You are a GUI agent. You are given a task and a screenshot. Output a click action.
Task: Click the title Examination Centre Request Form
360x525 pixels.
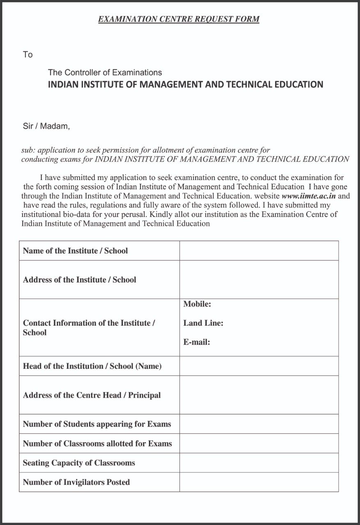[179, 19]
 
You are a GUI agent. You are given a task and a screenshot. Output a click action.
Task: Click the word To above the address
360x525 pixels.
[28, 55]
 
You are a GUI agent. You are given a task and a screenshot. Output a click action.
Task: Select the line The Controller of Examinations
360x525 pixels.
[105, 73]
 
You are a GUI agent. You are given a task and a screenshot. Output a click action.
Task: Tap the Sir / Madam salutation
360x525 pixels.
[46, 126]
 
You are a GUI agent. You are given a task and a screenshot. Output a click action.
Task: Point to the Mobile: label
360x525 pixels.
[197, 304]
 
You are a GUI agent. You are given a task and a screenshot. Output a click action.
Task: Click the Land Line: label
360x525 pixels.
[203, 323]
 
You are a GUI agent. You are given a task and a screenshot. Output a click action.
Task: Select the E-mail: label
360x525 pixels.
[197, 342]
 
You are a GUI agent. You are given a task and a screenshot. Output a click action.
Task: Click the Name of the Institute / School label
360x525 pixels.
[75, 251]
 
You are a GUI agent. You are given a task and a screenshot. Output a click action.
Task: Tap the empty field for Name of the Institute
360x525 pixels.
[259, 251]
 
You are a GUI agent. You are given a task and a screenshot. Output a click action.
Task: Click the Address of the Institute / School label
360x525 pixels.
[79, 280]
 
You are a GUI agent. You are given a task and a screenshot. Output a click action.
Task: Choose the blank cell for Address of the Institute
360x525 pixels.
[259, 280]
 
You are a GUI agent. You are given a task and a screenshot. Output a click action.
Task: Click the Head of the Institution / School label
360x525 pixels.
[92, 366]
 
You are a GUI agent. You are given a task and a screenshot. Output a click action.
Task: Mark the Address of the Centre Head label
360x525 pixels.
[92, 395]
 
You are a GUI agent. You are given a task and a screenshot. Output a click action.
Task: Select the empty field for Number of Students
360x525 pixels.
[259, 424]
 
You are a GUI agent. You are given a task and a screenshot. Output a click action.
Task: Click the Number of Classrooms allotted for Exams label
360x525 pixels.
[97, 443]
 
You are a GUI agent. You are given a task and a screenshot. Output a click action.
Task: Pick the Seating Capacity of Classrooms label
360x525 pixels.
[79, 463]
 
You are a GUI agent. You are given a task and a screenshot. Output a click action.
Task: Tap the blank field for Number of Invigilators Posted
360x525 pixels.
[259, 482]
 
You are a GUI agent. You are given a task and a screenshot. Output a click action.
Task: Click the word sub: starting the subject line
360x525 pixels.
[28, 151]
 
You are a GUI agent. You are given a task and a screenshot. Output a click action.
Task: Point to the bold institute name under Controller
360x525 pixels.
[186, 84]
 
